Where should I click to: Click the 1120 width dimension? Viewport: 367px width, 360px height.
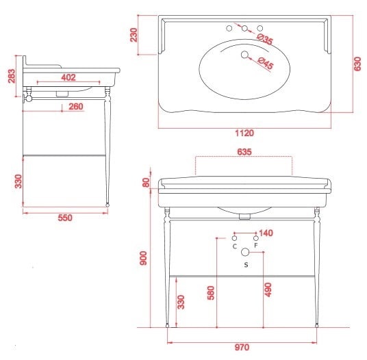click(244, 133)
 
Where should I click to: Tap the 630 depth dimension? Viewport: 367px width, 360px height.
click(357, 64)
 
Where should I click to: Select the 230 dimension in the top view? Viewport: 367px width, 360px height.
click(134, 35)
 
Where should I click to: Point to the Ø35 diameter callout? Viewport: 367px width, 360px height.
click(265, 39)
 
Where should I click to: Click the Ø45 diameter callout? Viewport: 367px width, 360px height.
click(266, 63)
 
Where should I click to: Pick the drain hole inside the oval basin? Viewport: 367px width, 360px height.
click(244, 55)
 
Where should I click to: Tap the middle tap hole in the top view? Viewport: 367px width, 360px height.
click(244, 28)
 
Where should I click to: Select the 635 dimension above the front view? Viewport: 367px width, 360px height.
click(244, 152)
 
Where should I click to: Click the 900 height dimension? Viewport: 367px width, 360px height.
click(143, 258)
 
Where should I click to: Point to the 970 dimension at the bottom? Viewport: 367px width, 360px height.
click(242, 348)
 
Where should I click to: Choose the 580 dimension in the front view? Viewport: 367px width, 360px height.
click(211, 293)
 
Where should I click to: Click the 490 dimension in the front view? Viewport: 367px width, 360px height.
click(268, 290)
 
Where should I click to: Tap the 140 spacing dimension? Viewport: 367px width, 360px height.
click(266, 233)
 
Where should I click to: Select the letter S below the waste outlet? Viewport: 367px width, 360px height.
click(246, 265)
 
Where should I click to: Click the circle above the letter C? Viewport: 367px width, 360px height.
click(234, 238)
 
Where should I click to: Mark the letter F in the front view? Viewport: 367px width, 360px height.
click(256, 246)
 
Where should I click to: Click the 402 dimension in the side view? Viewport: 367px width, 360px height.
click(68, 77)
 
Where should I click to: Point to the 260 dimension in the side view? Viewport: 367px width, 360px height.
click(76, 107)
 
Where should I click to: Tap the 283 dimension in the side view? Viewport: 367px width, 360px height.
click(12, 76)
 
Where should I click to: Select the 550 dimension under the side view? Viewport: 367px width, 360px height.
click(65, 218)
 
